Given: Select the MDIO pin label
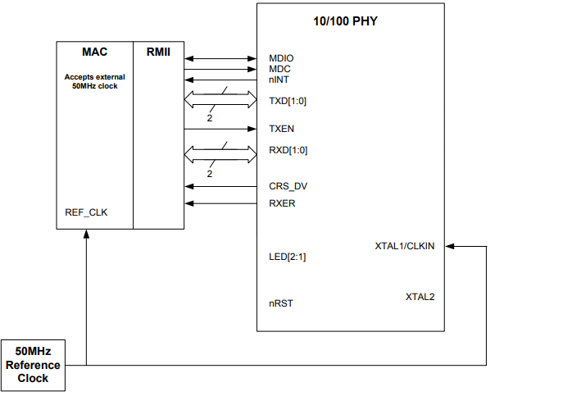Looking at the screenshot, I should point(281,58).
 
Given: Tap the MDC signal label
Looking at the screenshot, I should point(280,69).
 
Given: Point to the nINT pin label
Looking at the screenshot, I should point(279,80).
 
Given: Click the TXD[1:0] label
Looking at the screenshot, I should point(288,101).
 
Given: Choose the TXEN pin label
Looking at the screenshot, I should point(281,129).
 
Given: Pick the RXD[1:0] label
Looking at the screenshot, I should point(288,150).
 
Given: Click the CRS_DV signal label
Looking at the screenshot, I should point(288,186).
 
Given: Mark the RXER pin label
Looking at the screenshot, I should point(282,203).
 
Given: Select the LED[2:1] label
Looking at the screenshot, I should point(287,257).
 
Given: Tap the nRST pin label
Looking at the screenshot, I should point(280,303).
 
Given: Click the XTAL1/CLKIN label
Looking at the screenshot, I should point(404,246).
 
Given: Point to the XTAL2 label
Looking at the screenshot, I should point(420,296).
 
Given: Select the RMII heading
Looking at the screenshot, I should point(158,52).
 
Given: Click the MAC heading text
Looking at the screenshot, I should point(94,52).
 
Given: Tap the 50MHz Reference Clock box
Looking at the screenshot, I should point(34,365).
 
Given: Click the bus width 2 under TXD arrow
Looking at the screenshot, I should point(210,119).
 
